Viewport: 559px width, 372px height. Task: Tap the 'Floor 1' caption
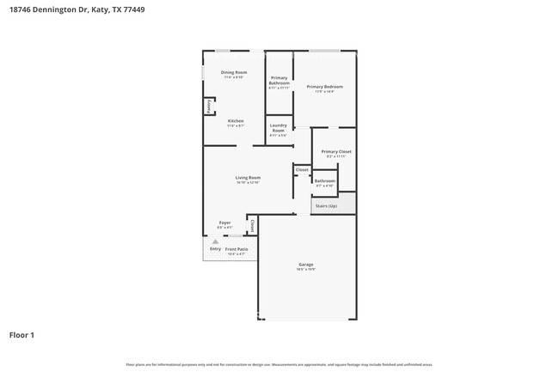tap(22, 334)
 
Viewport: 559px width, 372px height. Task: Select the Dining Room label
tap(234, 73)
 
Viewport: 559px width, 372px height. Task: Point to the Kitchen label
tap(236, 121)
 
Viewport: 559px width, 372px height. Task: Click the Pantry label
tap(208, 107)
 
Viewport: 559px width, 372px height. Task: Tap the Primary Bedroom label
tap(325, 87)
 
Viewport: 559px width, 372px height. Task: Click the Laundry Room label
tap(279, 128)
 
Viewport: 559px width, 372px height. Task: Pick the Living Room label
tap(248, 178)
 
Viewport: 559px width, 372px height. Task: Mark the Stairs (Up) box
tap(326, 206)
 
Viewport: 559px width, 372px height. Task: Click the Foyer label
tap(224, 223)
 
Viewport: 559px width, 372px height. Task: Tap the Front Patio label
tap(236, 249)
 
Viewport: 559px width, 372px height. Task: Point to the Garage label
tap(306, 265)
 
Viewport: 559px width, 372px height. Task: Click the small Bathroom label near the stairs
tap(324, 181)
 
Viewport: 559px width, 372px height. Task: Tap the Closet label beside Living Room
tap(302, 170)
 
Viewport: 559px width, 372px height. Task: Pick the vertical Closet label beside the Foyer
tap(252, 225)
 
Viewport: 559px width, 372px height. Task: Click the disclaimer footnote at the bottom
tap(279, 363)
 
